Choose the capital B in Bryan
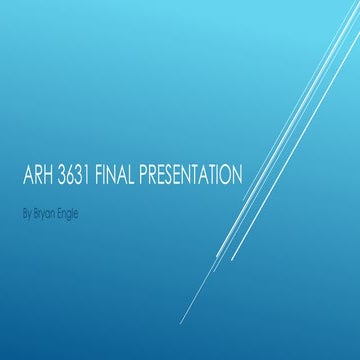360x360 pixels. click(36, 212)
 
